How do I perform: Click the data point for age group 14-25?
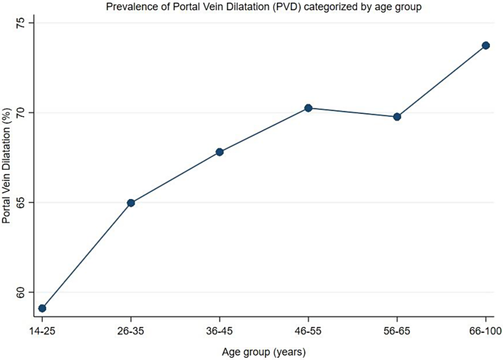point(42,309)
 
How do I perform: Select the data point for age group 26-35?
point(131,203)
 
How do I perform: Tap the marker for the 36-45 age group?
point(220,152)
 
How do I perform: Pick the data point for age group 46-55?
point(308,108)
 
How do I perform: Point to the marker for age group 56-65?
point(397,117)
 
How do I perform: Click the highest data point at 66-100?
point(485,46)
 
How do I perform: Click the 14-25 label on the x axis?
point(42,331)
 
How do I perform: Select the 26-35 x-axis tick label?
point(131,331)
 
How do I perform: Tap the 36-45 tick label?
point(220,331)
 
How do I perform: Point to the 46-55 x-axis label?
point(308,331)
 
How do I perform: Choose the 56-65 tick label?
point(397,331)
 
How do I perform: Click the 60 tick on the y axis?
point(21,292)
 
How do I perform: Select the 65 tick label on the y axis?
point(21,203)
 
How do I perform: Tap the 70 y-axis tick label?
point(21,112)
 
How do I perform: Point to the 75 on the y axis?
point(21,23)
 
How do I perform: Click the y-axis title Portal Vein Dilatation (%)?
point(7,165)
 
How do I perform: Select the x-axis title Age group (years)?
point(264,351)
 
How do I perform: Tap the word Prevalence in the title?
point(131,7)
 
